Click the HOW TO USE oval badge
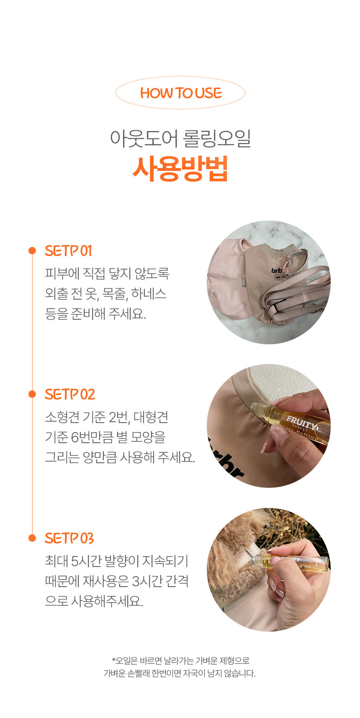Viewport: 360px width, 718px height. coord(180,93)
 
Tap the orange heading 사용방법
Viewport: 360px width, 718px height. coord(180,169)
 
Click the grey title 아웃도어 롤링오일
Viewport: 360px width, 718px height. coord(180,138)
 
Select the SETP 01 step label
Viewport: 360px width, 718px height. coord(68,251)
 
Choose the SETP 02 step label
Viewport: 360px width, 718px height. coord(70,395)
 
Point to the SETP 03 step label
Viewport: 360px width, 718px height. coord(69,538)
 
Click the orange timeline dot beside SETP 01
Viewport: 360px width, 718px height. coord(32,251)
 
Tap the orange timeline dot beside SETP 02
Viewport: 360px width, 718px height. coord(32,394)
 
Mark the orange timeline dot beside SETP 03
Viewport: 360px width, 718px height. coord(32,538)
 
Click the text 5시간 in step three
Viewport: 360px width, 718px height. coord(87,561)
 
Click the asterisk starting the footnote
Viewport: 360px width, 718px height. coord(113,660)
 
